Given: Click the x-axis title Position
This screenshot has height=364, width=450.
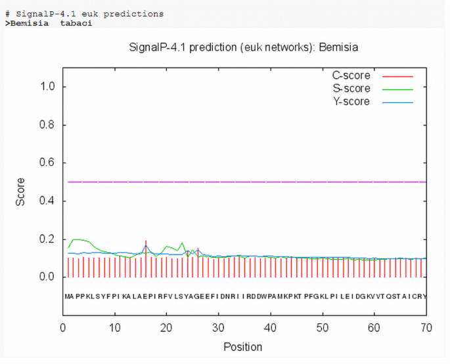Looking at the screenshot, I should click(x=243, y=347).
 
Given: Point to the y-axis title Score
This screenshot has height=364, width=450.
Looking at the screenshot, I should click(x=20, y=192).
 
